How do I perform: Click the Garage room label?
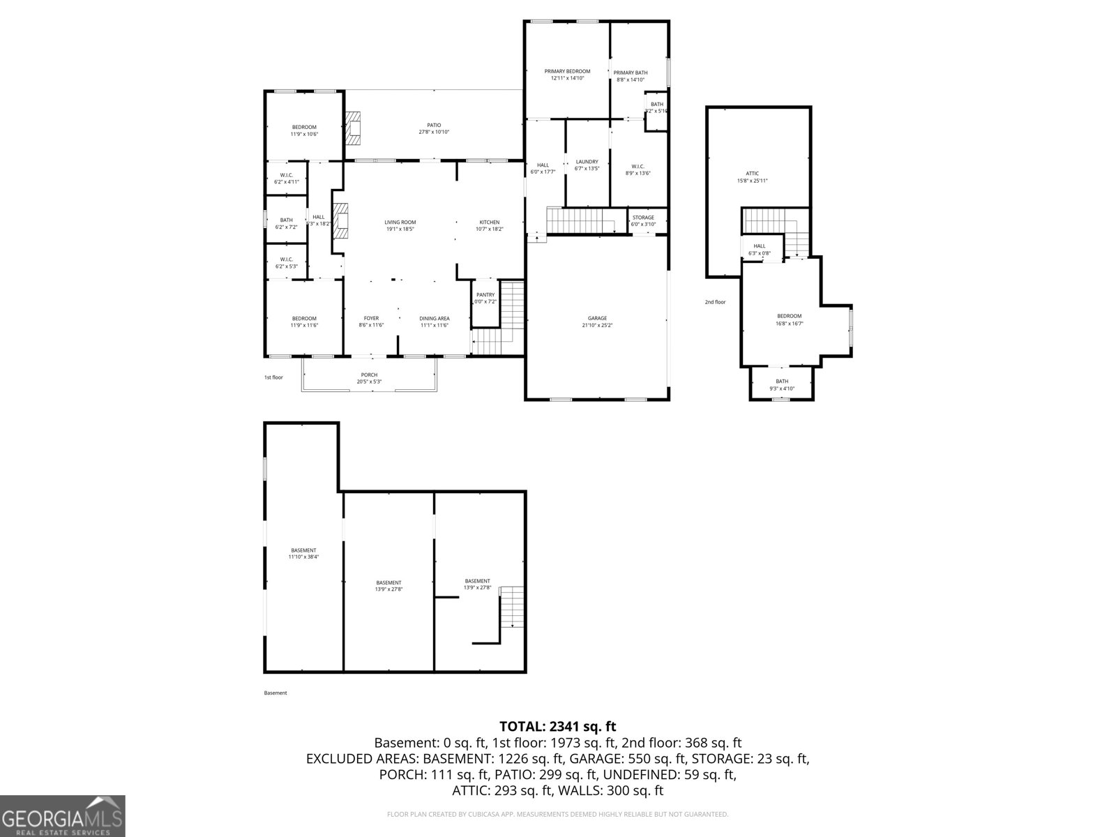[597, 318]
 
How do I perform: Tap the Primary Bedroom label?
[567, 71]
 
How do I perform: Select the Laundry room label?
[587, 162]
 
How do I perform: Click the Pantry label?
[485, 294]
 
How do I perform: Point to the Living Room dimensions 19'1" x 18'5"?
[400, 229]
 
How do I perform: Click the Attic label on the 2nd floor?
[752, 174]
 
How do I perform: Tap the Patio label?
[434, 126]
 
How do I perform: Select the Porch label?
[369, 375]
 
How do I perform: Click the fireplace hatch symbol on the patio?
[354, 128]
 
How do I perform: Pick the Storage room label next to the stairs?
[643, 218]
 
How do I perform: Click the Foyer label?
[371, 318]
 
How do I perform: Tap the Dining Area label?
[435, 318]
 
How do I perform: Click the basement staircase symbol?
[513, 607]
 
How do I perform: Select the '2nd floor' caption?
[715, 302]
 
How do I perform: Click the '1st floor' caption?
[273, 377]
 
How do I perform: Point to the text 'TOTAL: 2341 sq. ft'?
[557, 727]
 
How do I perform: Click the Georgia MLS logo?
[63, 816]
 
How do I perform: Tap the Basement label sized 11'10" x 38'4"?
[303, 550]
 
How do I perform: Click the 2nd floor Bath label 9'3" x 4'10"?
[782, 381]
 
